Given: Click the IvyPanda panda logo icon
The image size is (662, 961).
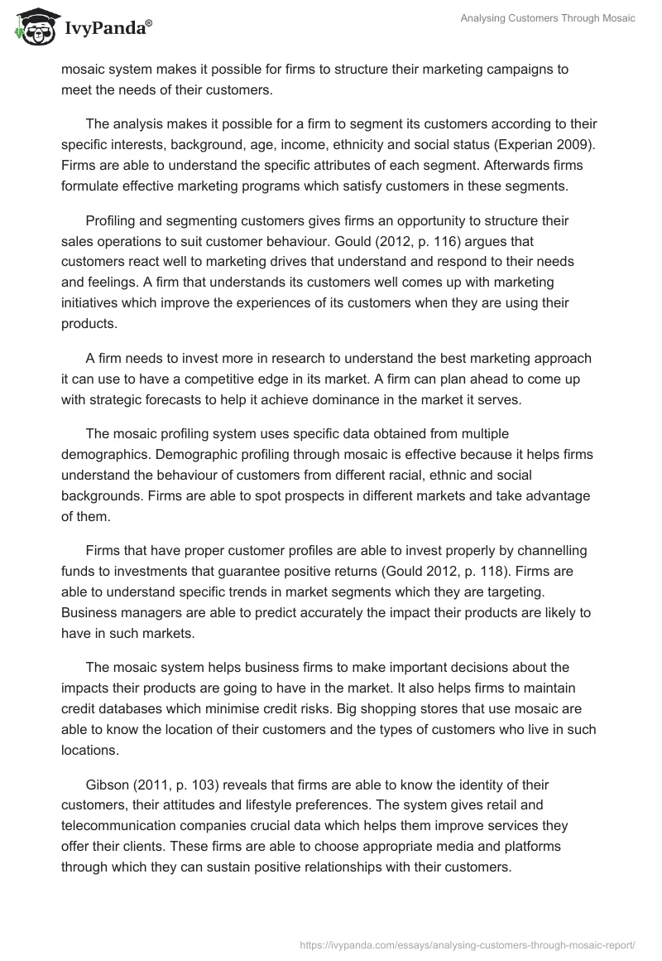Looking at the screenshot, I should (33, 27).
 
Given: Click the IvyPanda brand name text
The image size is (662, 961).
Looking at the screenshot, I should (108, 29).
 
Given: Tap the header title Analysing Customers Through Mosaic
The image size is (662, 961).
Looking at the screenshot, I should (548, 18).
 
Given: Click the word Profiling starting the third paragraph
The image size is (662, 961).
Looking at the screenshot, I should (113, 222).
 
